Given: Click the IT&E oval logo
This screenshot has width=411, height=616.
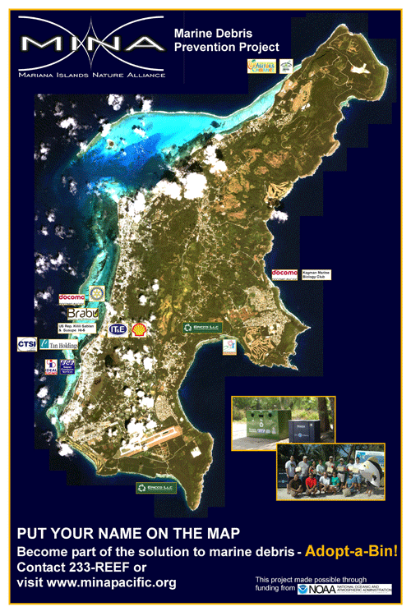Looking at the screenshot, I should pyautogui.click(x=117, y=329).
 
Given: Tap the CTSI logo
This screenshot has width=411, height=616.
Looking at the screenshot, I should pyautogui.click(x=26, y=345).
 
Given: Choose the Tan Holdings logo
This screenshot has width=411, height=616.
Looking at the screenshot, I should pyautogui.click(x=58, y=346).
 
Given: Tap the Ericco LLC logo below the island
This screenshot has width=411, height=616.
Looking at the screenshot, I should pyautogui.click(x=155, y=488).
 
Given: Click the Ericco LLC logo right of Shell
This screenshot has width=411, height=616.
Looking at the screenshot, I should pyautogui.click(x=201, y=328).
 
